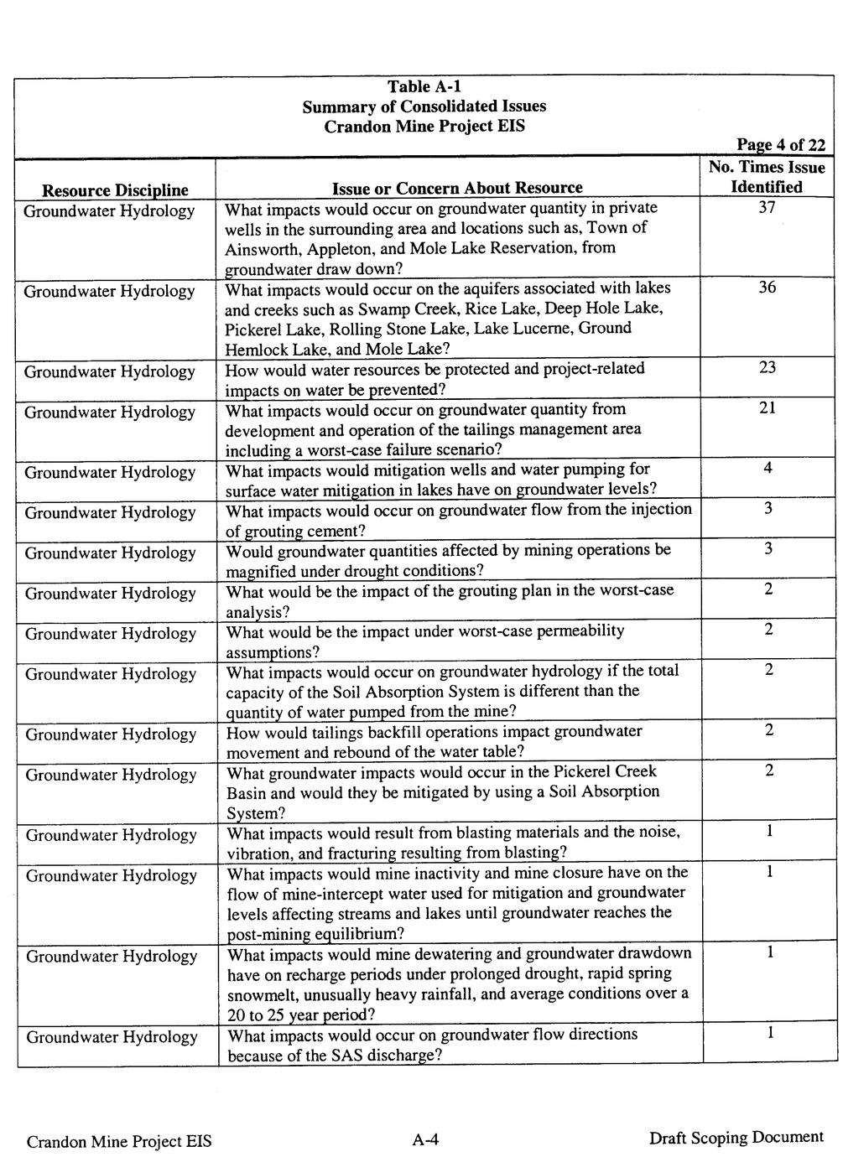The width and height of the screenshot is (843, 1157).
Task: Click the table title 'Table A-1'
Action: point(424,86)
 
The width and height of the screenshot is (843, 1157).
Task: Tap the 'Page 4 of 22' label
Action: point(780,145)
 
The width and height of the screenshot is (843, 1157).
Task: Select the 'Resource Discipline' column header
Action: point(115,190)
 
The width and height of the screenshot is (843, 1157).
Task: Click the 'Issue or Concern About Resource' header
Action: point(457,188)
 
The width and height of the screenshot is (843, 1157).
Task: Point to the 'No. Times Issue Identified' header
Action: point(766,177)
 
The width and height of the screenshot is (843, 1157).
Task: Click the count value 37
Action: point(767,208)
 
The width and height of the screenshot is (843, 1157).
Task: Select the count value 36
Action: point(767,288)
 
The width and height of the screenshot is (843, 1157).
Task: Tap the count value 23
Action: point(767,368)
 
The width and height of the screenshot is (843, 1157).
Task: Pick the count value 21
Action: point(767,408)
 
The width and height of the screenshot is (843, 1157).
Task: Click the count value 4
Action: point(767,469)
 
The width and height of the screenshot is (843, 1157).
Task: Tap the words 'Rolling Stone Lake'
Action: point(362,329)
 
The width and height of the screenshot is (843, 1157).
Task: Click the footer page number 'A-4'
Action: point(425,1139)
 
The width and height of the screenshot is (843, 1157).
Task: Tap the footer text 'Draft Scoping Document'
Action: point(736,1138)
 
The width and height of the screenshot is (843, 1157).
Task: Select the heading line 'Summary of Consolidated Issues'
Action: point(424,106)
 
